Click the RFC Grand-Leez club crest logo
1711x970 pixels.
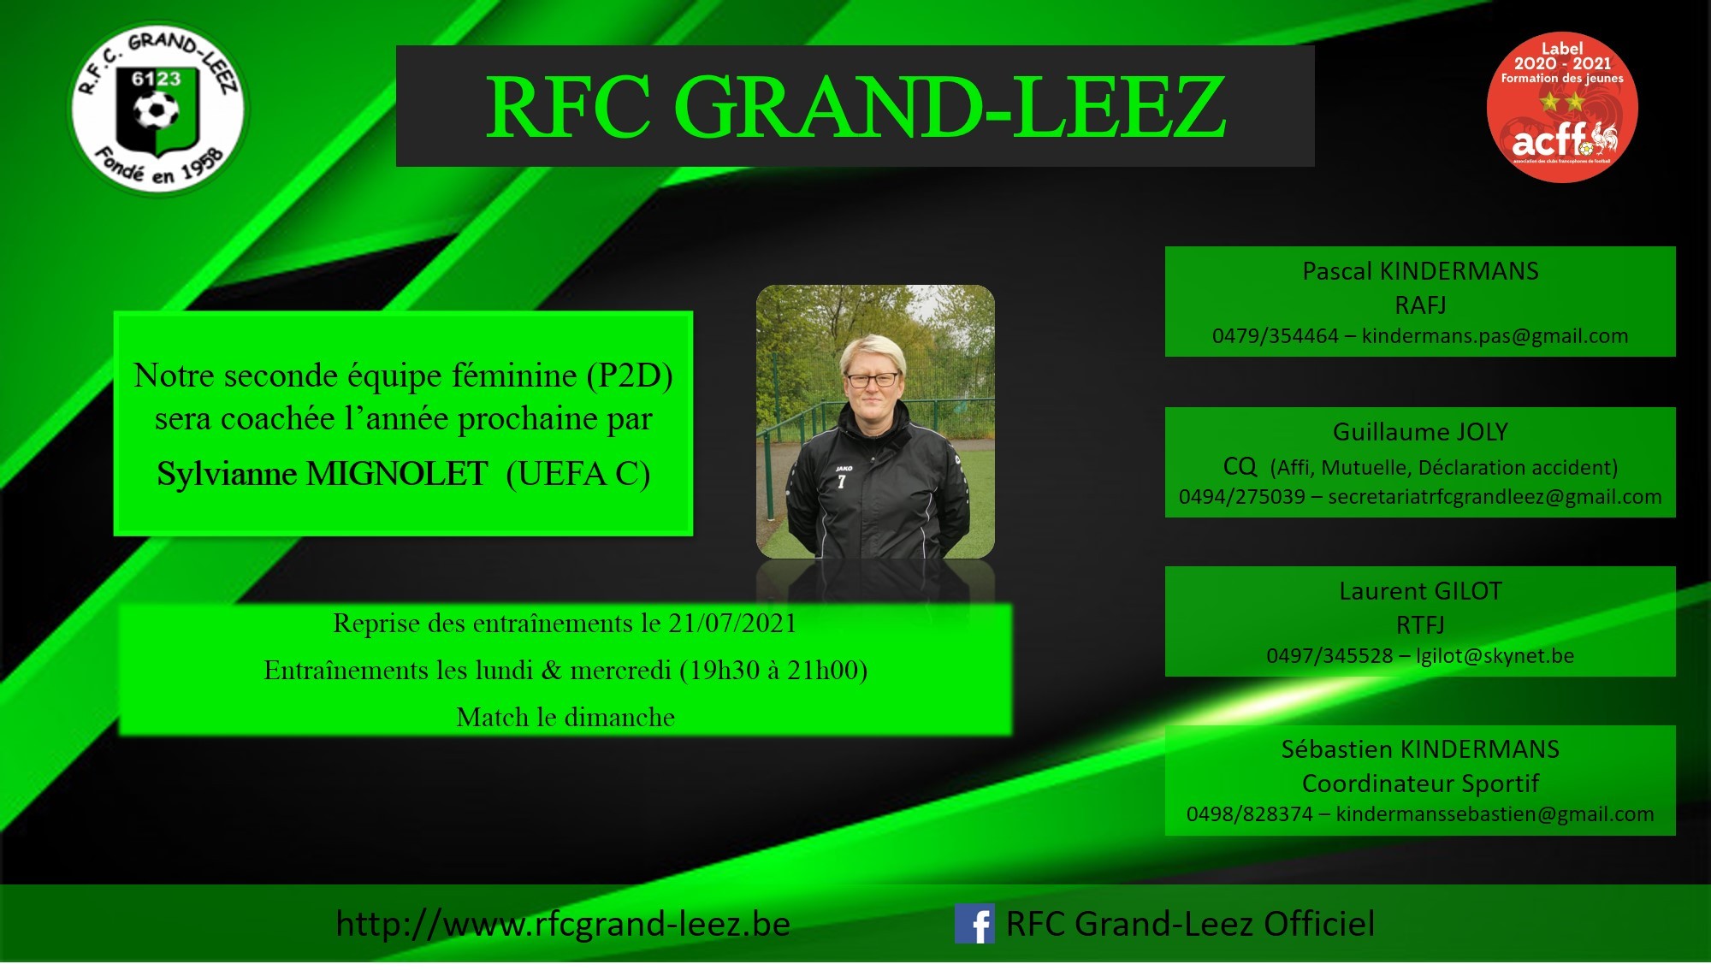click(157, 109)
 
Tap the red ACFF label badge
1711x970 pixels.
click(1562, 107)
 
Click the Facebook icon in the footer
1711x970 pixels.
click(974, 924)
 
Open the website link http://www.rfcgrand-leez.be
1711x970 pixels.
click(563, 924)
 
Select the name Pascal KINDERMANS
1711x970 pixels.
click(1420, 271)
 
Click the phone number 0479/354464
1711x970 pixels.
click(1275, 336)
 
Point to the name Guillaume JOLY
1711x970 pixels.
click(1420, 432)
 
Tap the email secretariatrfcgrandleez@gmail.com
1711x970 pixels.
click(1495, 497)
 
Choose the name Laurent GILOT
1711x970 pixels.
click(1420, 591)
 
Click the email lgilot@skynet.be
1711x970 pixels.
click(1495, 656)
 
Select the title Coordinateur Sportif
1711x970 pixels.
click(1420, 784)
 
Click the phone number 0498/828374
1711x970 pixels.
click(1249, 814)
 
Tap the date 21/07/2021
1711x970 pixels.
click(732, 623)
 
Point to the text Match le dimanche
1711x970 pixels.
click(565, 717)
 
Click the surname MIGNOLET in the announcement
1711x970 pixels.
click(397, 474)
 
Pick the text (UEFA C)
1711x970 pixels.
click(578, 474)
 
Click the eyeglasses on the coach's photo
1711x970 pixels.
click(873, 379)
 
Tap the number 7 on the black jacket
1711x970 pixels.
click(841, 482)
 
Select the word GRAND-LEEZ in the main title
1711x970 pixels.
click(950, 107)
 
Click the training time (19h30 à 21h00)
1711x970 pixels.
click(773, 670)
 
